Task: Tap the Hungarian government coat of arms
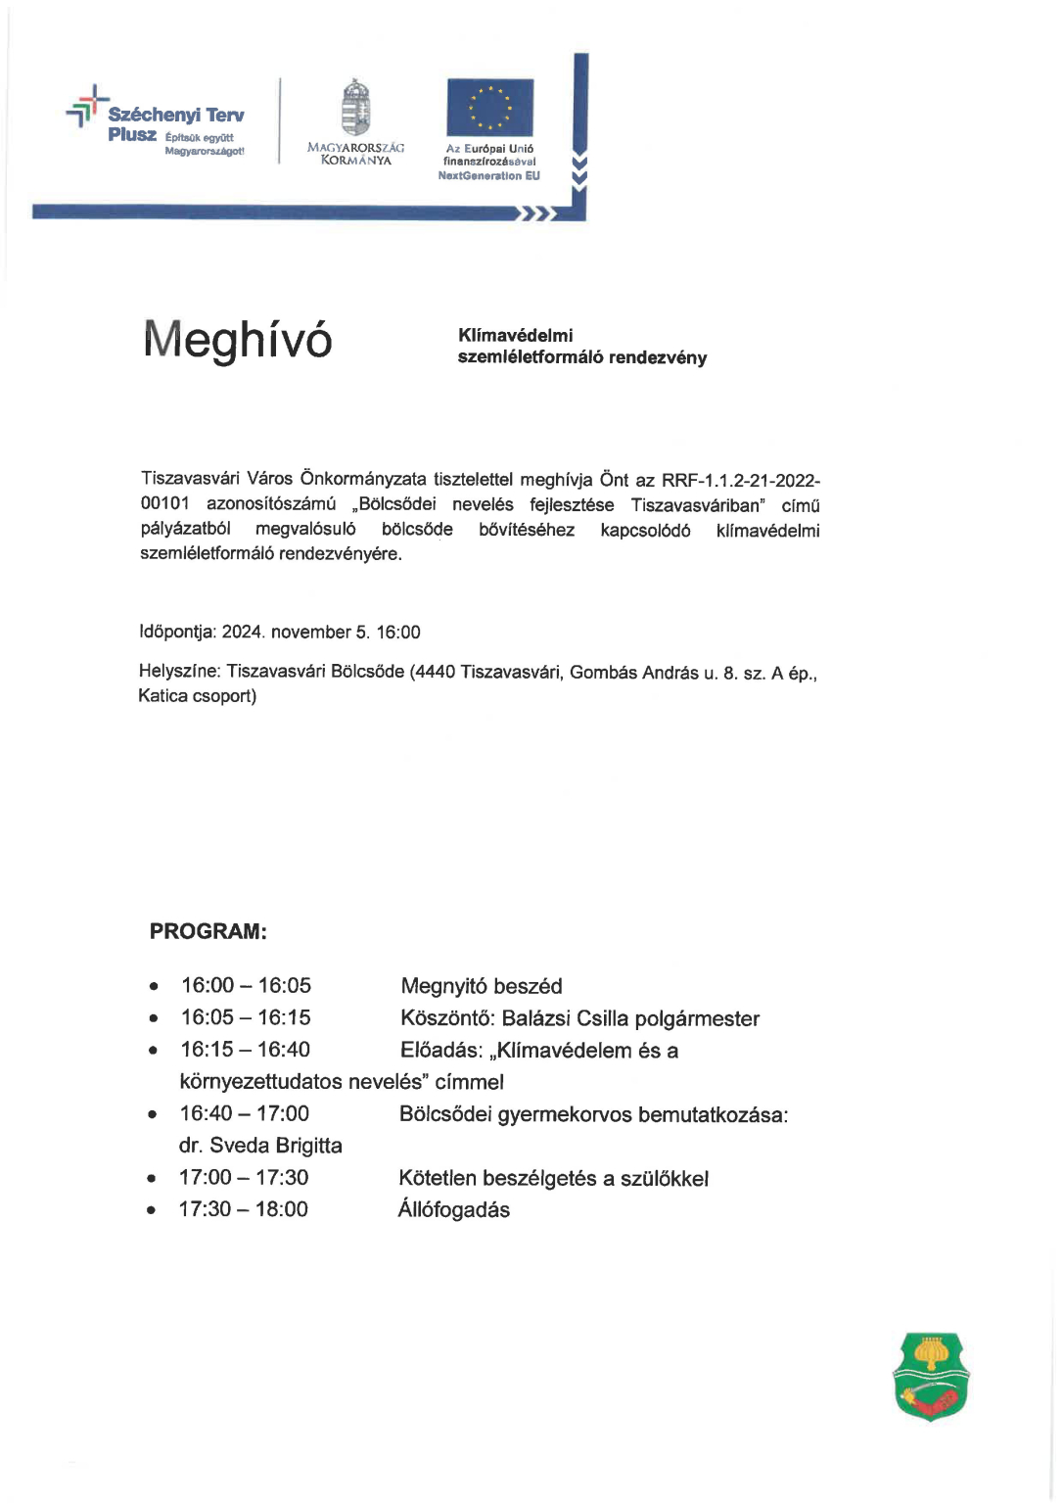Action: (355, 109)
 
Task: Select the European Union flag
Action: (489, 108)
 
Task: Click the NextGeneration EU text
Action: (488, 176)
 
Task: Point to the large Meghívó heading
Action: (238, 341)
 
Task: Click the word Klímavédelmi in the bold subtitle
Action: (515, 335)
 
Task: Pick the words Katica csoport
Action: (197, 696)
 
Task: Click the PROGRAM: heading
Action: (208, 931)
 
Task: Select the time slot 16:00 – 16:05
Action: (246, 985)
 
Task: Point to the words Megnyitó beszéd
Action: (482, 986)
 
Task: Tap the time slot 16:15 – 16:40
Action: (245, 1050)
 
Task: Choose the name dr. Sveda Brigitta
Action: (260, 1146)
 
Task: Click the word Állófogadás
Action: (453, 1210)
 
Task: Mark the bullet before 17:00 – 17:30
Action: (152, 1179)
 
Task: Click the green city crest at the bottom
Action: (930, 1376)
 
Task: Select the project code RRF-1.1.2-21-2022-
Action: (741, 481)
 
